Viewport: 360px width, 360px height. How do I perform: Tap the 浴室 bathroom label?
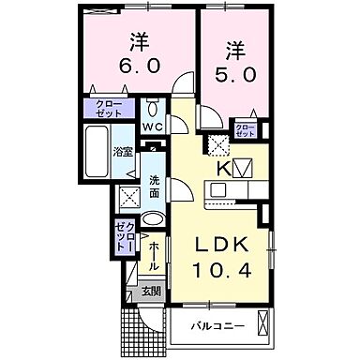click(123, 151)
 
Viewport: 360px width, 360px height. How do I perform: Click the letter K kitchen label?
click(224, 169)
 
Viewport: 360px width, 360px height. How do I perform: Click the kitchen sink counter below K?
click(225, 192)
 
